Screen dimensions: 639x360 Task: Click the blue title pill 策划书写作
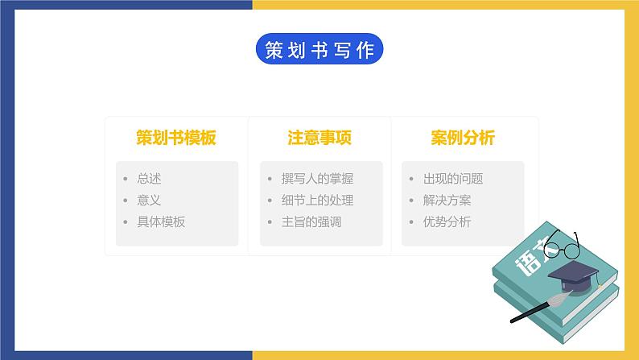(319, 49)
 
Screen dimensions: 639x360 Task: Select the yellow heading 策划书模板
(176, 138)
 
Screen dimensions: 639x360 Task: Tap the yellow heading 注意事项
(319, 138)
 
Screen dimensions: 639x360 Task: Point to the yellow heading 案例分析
(463, 138)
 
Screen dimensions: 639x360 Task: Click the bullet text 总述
(149, 179)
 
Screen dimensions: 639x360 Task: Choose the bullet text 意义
(149, 201)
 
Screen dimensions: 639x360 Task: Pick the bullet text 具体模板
(161, 221)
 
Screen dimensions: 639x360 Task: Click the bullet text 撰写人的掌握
(317, 179)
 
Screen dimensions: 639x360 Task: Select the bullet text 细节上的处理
(317, 201)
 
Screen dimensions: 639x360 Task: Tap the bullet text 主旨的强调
(311, 221)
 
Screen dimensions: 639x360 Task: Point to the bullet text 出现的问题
(453, 179)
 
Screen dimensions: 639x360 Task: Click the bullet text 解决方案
(447, 201)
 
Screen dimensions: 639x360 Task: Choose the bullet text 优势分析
(447, 221)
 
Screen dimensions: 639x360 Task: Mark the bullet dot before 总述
(126, 179)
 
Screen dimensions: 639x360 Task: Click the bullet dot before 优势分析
(411, 221)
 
